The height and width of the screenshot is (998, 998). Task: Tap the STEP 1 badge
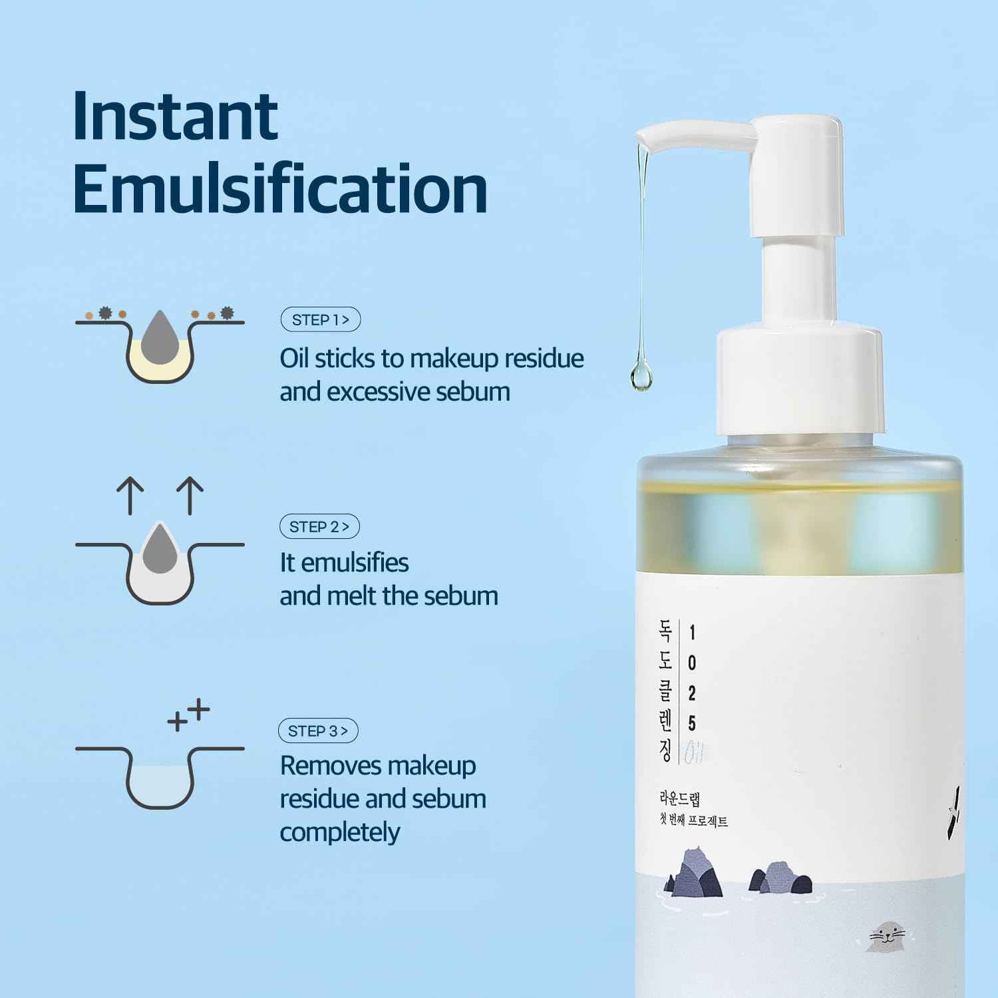[x=320, y=320]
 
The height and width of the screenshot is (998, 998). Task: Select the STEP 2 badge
[x=319, y=527]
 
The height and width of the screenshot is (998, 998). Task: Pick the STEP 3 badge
[x=318, y=731]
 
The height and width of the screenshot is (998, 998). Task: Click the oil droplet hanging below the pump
[x=641, y=377]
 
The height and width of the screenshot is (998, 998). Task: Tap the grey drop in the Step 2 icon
[x=160, y=548]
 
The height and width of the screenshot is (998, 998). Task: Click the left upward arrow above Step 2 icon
[x=130, y=496]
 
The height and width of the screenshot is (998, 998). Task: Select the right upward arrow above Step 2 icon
[x=190, y=496]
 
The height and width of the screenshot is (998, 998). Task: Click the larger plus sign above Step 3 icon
[x=198, y=710]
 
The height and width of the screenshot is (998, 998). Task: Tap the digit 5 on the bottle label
[x=692, y=723]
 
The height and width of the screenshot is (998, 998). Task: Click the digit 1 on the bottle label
[x=692, y=632]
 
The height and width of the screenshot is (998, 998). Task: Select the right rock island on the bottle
[x=780, y=878]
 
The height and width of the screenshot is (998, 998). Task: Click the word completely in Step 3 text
[x=340, y=832]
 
